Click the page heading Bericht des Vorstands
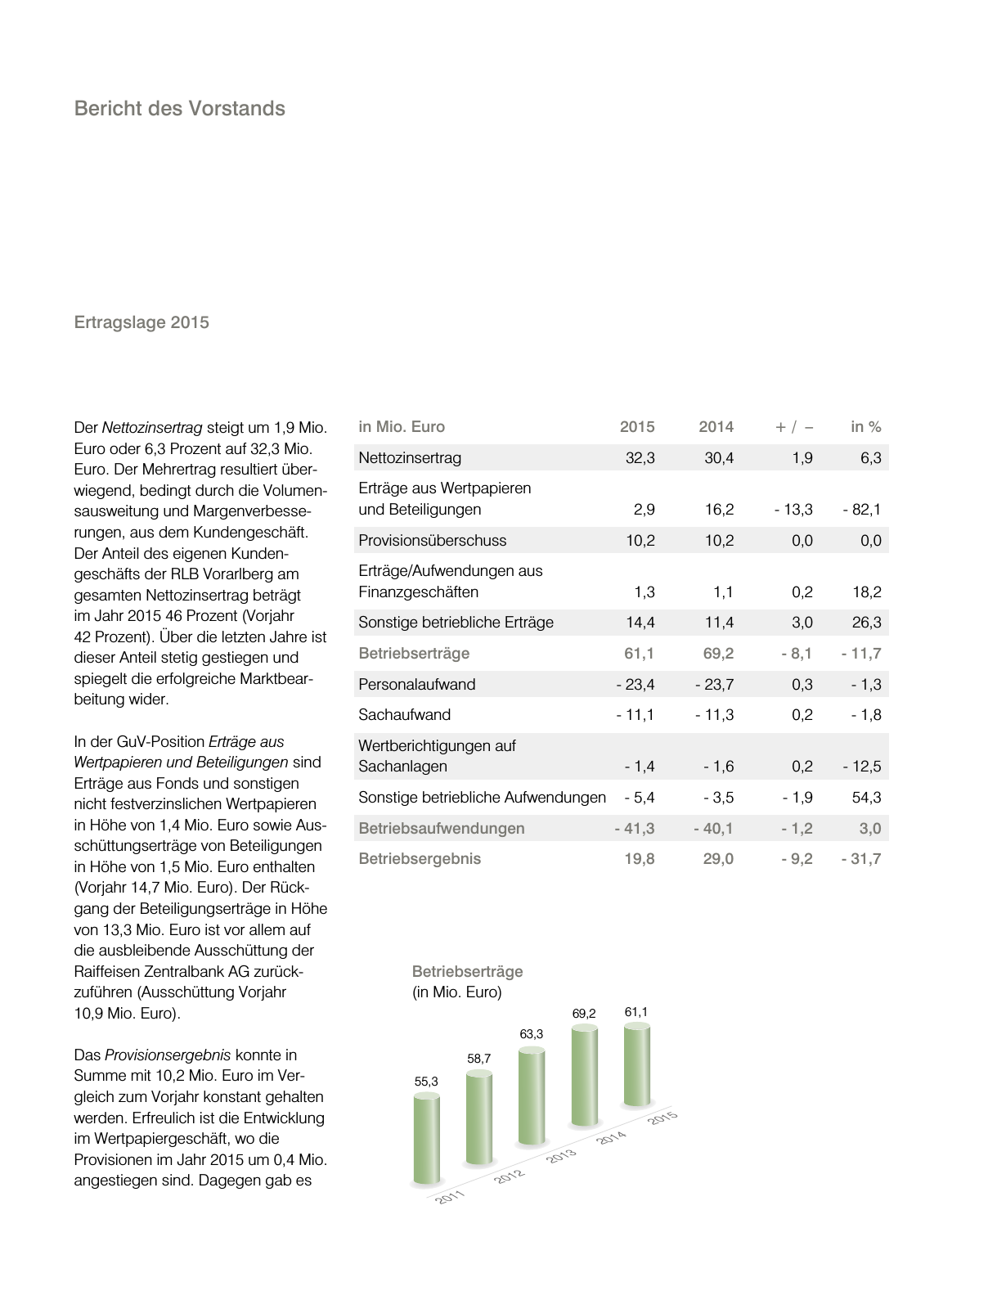coord(179,109)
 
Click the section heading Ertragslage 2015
coord(141,322)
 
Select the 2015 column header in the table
coord(636,427)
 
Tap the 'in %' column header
coord(865,427)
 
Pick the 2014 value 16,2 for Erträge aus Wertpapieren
coord(719,510)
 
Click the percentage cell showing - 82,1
coord(862,510)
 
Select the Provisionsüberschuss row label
coord(432,541)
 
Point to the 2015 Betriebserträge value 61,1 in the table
coord(640,654)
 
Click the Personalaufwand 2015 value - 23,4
coord(635,685)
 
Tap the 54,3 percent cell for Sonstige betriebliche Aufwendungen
coord(866,798)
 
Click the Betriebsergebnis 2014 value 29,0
coord(718,859)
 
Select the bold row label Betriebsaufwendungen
coord(441,829)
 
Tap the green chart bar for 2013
coord(531,1096)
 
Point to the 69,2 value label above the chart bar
coord(583,1014)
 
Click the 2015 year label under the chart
coord(662,1118)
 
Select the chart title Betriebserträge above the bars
coord(467,972)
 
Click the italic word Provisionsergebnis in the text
coord(168,1055)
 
